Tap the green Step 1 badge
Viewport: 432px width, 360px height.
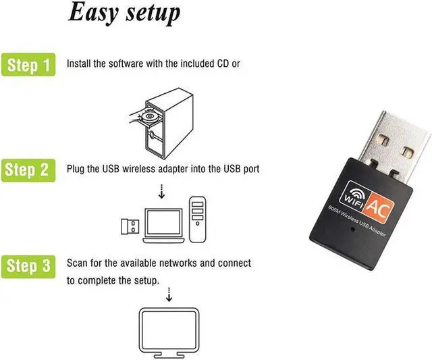28,65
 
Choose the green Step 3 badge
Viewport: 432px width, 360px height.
28,266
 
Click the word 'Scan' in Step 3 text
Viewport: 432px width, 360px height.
77,262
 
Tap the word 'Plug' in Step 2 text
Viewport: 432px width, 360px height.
76,168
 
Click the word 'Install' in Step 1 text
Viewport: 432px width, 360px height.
80,64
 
